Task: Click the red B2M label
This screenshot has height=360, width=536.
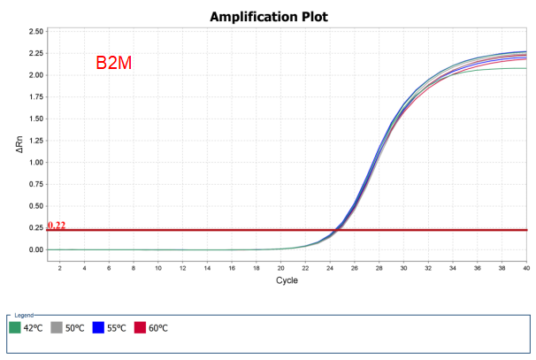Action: [x=114, y=64]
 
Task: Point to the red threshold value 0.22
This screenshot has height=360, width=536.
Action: [x=57, y=226]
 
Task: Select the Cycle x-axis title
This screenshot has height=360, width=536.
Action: [x=286, y=280]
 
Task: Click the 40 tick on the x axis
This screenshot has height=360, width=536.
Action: [x=526, y=267]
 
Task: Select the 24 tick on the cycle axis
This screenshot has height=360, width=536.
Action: [x=330, y=267]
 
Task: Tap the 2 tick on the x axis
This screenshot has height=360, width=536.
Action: [x=59, y=267]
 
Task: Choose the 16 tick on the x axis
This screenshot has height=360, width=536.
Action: [x=231, y=267]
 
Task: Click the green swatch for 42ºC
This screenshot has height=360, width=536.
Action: [x=15, y=328]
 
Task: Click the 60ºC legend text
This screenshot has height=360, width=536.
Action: [x=159, y=328]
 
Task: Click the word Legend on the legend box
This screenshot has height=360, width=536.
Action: [x=22, y=315]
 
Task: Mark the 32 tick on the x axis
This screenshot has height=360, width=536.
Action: [x=428, y=267]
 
